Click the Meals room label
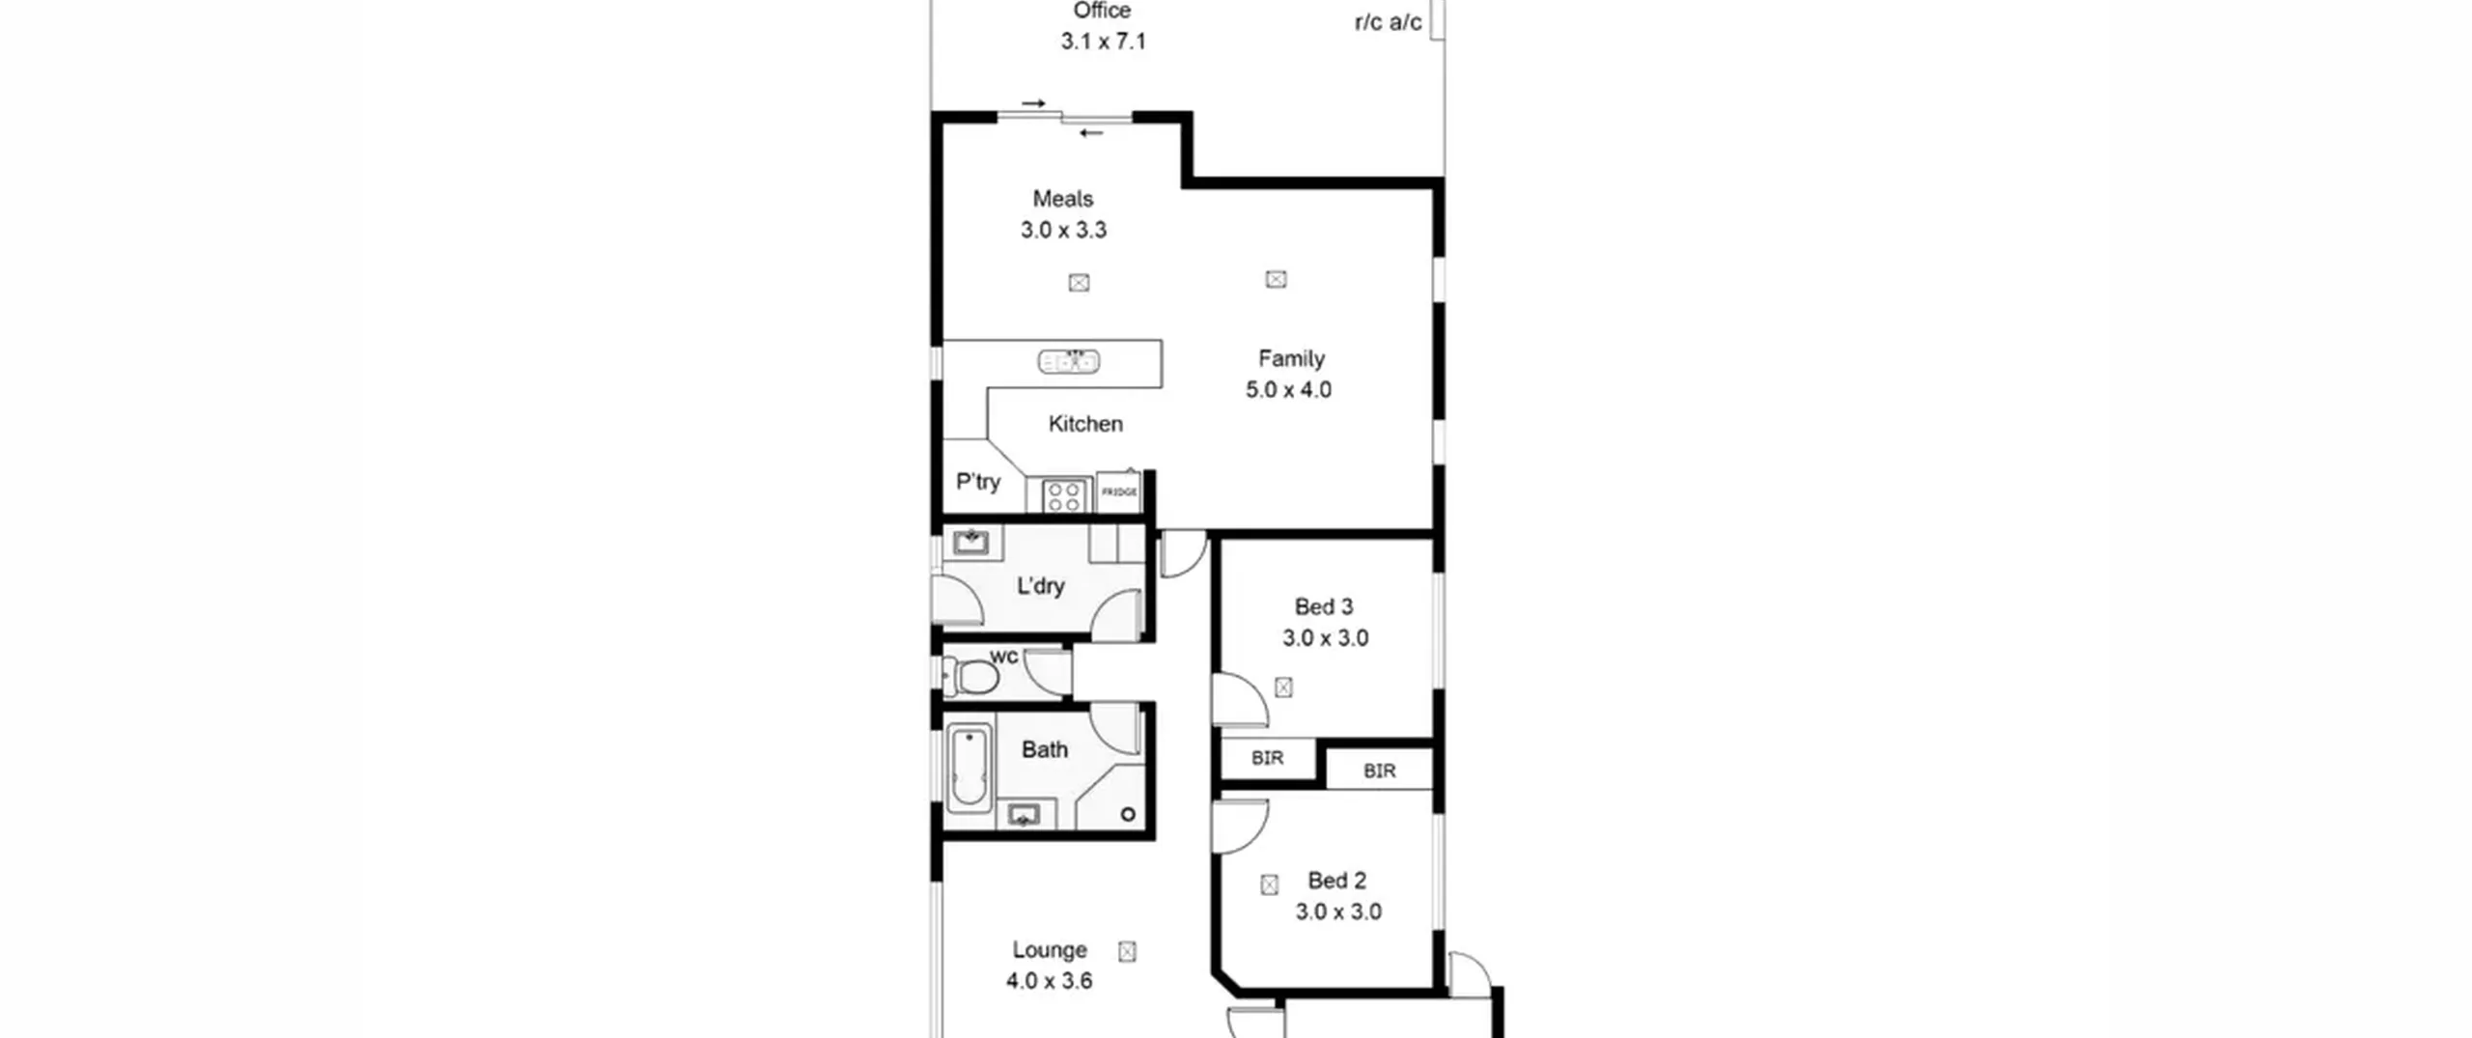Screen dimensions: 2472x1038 [1063, 199]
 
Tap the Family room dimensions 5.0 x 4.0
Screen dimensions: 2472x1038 [1288, 390]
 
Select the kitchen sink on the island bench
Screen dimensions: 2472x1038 [1069, 362]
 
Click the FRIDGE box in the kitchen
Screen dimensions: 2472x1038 [1119, 492]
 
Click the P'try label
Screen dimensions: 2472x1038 [978, 482]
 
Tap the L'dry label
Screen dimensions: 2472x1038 [1041, 586]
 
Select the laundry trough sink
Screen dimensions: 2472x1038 [970, 542]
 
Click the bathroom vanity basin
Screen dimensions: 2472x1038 [1023, 816]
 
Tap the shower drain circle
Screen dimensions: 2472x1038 [1128, 814]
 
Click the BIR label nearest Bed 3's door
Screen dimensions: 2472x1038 [1267, 759]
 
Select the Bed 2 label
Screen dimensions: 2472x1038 [1336, 881]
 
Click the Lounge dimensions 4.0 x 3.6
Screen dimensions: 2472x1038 [1049, 981]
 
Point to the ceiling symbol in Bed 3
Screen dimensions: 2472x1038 [1283, 687]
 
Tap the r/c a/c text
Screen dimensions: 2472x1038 [1388, 22]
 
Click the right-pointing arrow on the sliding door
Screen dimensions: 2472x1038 [1034, 103]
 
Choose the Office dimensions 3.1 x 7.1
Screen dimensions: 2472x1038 [1103, 42]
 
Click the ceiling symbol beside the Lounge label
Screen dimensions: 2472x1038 [1127, 952]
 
